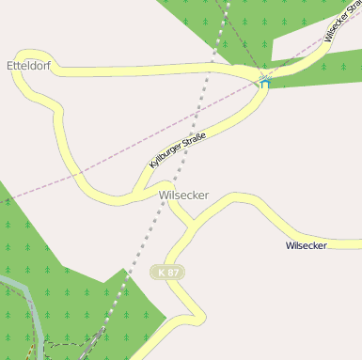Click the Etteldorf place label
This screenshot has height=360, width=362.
(28, 66)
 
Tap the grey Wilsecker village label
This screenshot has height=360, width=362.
(184, 196)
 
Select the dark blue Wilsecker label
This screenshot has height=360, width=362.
(306, 245)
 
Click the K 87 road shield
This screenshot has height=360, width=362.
(168, 272)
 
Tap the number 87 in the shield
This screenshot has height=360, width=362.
(174, 272)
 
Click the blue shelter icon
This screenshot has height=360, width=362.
(264, 83)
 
